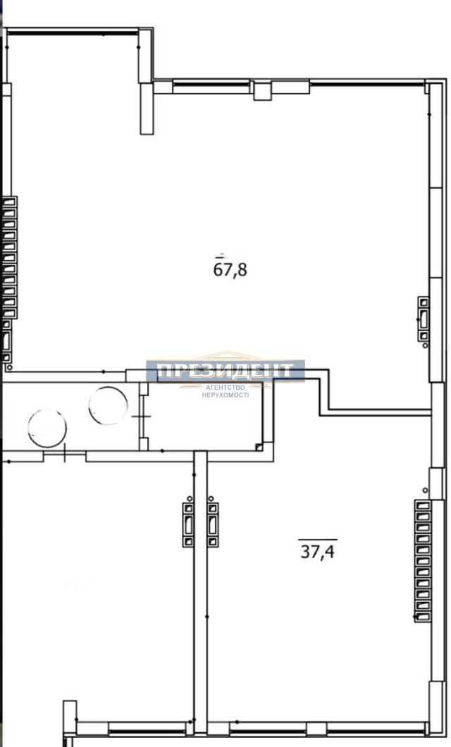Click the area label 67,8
pos(230,270)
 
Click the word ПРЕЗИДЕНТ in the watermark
pos(225,371)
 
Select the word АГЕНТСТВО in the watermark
pos(225,388)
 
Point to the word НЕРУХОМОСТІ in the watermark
pos(225,395)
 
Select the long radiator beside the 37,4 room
pos(422,561)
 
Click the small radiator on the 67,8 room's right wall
pos(424,319)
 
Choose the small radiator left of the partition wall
pos(188,524)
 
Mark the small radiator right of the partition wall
pos(213,524)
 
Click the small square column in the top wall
pos(262,90)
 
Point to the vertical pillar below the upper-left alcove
pos(147,109)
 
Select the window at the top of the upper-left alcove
pos(73,33)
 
